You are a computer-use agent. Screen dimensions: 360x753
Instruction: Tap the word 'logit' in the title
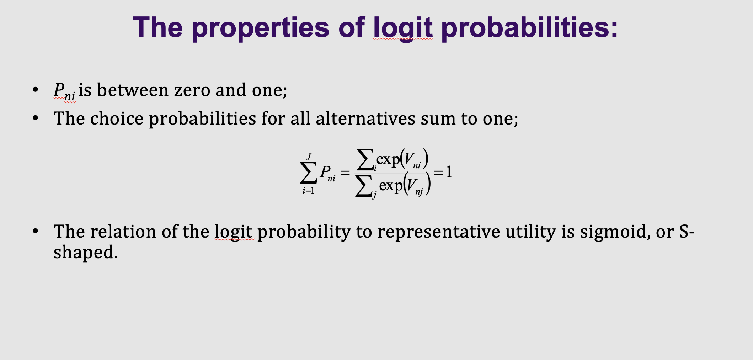tap(403, 27)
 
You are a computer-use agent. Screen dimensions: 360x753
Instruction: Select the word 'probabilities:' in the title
tap(529, 27)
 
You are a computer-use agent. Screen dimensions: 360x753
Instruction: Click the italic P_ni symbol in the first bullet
tap(64, 91)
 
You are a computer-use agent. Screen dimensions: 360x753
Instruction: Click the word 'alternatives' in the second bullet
tap(365, 118)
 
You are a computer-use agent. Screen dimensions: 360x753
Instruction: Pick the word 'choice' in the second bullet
tap(117, 118)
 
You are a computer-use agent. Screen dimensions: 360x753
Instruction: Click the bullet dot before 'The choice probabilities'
tap(35, 118)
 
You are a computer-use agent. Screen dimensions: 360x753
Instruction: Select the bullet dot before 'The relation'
tap(35, 231)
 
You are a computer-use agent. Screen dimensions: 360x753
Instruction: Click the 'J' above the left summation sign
tap(309, 157)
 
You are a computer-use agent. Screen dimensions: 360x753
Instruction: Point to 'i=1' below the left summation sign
tap(308, 191)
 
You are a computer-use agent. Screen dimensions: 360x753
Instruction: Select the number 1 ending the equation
tap(449, 172)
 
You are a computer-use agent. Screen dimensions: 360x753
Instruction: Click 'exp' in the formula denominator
tap(391, 185)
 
